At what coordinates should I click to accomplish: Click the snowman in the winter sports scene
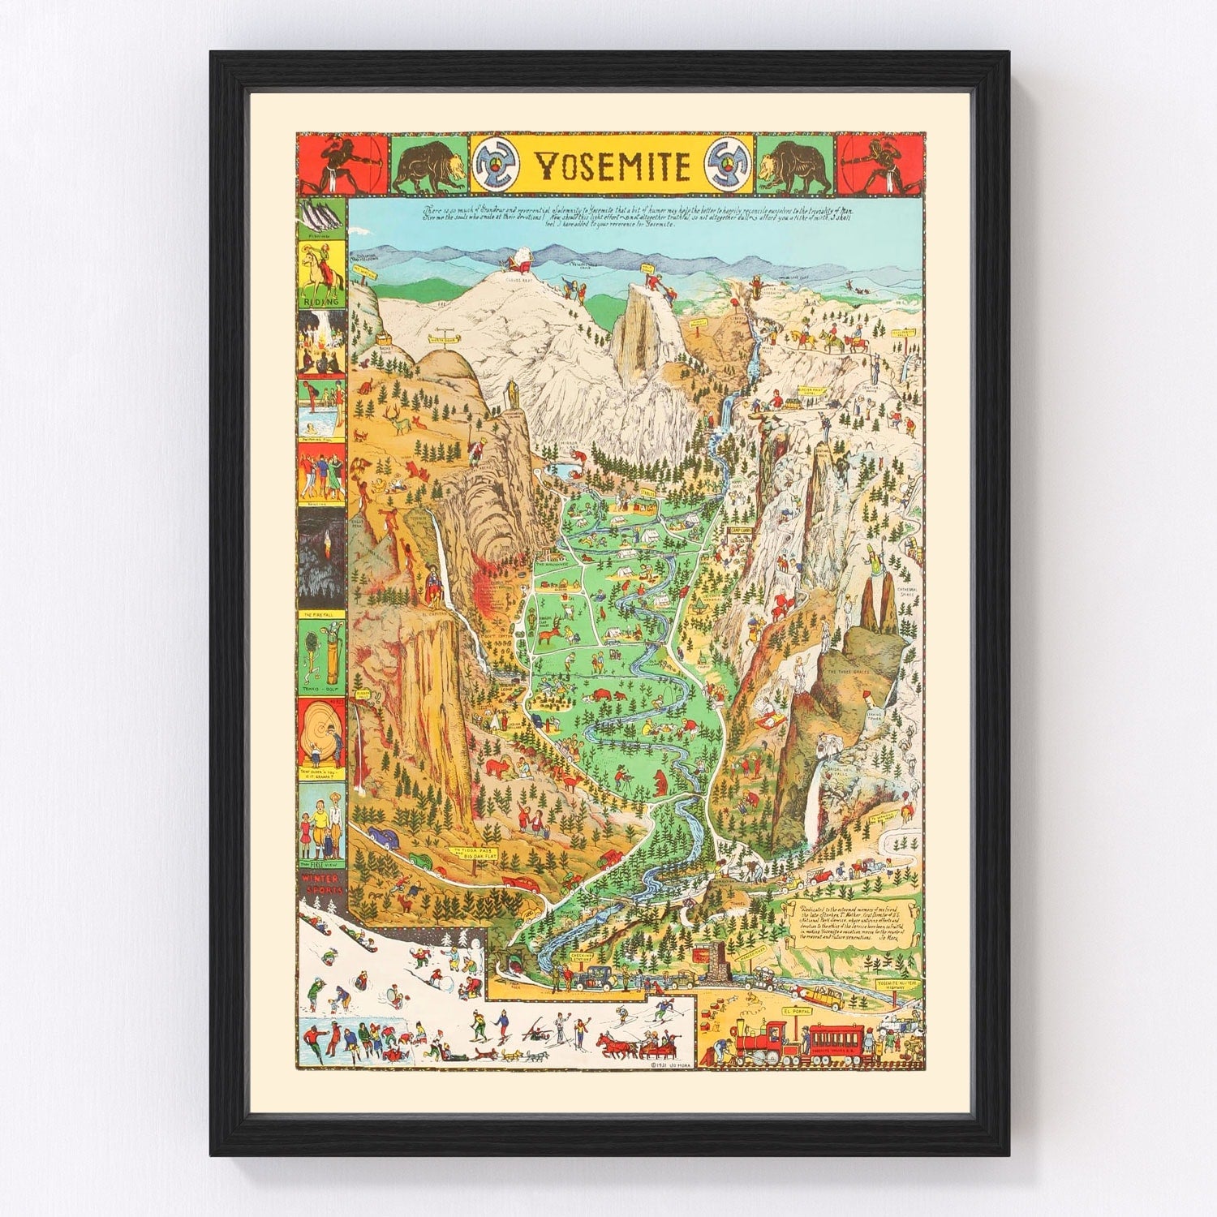(464, 939)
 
